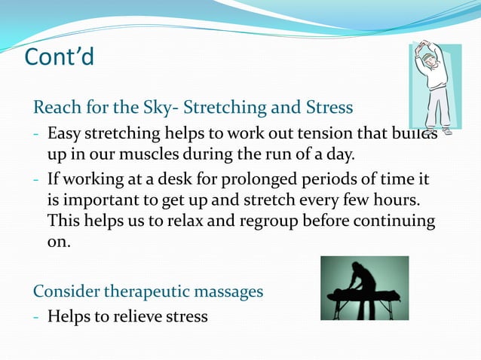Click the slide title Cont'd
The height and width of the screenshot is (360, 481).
click(60, 56)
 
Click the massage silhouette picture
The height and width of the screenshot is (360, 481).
click(364, 288)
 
